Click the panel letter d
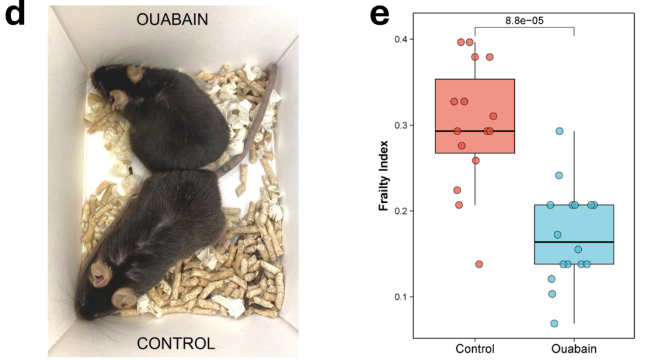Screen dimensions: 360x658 tap(16, 15)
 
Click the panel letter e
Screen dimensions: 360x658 tap(380, 15)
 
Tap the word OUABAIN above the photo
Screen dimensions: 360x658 tap(172, 20)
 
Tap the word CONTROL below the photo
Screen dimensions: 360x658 tap(175, 344)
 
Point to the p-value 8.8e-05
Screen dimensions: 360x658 tap(524, 20)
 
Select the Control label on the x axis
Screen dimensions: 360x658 tap(475, 349)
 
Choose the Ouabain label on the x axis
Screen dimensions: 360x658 tap(573, 349)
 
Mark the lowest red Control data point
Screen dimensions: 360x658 tap(479, 264)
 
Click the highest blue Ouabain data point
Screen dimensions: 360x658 tap(559, 131)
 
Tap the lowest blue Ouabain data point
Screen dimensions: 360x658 tap(554, 323)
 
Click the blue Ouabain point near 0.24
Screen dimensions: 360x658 tap(559, 175)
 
